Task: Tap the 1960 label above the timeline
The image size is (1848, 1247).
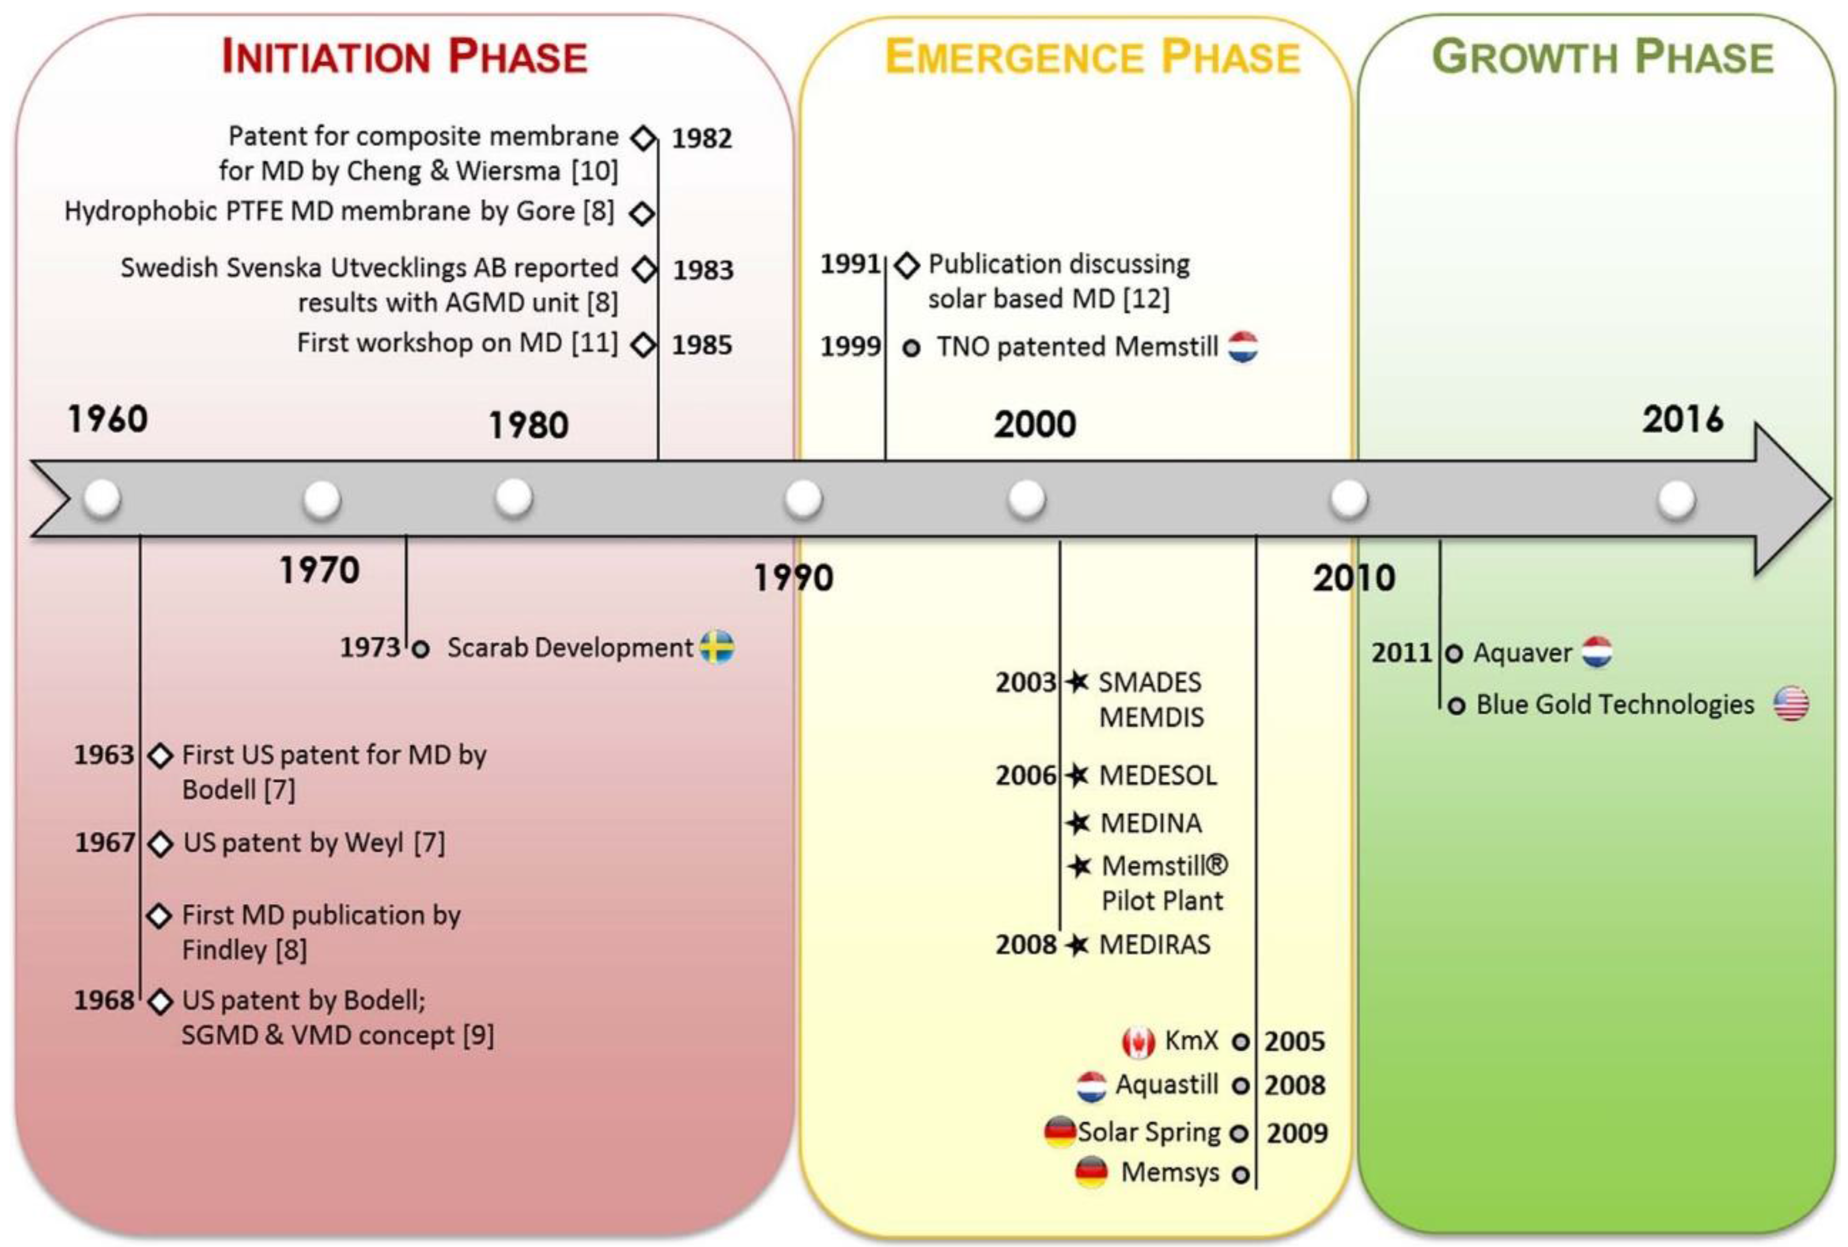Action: (x=107, y=419)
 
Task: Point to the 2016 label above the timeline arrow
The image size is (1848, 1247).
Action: (x=1684, y=419)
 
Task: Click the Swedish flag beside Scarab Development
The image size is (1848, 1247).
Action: (x=717, y=647)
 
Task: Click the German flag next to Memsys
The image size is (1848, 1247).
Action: (x=1091, y=1173)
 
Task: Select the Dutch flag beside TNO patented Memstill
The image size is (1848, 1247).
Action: (x=1243, y=347)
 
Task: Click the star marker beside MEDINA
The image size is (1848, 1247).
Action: (x=1078, y=823)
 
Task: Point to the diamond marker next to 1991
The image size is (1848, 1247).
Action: (x=907, y=265)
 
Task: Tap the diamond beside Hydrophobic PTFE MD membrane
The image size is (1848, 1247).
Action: (x=642, y=213)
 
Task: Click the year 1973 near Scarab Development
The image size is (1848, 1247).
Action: (x=370, y=647)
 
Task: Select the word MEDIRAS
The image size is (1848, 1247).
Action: (x=1155, y=945)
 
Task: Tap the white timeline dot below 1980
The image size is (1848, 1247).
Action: (x=514, y=498)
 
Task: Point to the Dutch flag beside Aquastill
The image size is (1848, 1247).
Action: (x=1091, y=1086)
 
